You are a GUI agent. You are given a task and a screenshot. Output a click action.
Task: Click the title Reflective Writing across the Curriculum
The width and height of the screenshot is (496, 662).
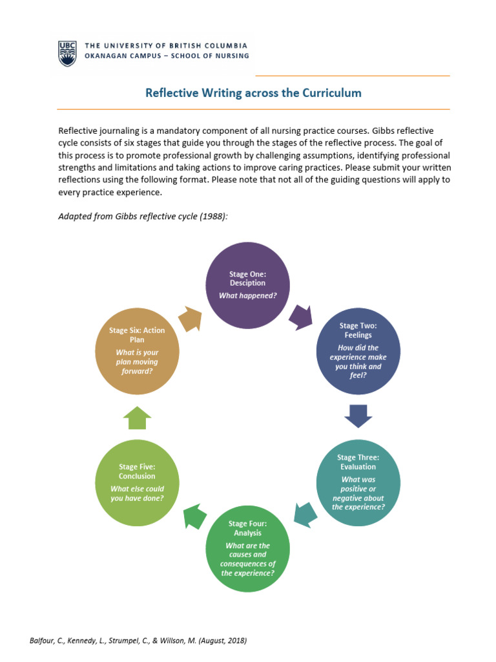253,93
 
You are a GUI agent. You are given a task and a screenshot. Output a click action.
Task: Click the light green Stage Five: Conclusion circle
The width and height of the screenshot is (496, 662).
136,482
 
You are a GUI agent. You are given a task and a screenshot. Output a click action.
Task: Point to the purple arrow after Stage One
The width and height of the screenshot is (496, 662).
300,317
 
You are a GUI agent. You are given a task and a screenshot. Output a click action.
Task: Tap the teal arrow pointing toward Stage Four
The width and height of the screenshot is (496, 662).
304,513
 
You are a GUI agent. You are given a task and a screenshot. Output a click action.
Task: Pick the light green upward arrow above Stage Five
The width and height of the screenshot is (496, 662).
137,418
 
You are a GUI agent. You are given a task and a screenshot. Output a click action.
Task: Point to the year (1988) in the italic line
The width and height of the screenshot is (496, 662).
214,217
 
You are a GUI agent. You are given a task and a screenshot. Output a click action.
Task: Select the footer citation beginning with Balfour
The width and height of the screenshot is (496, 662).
138,641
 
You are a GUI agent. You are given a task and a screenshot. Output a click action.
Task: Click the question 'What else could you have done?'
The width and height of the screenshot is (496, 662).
137,493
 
